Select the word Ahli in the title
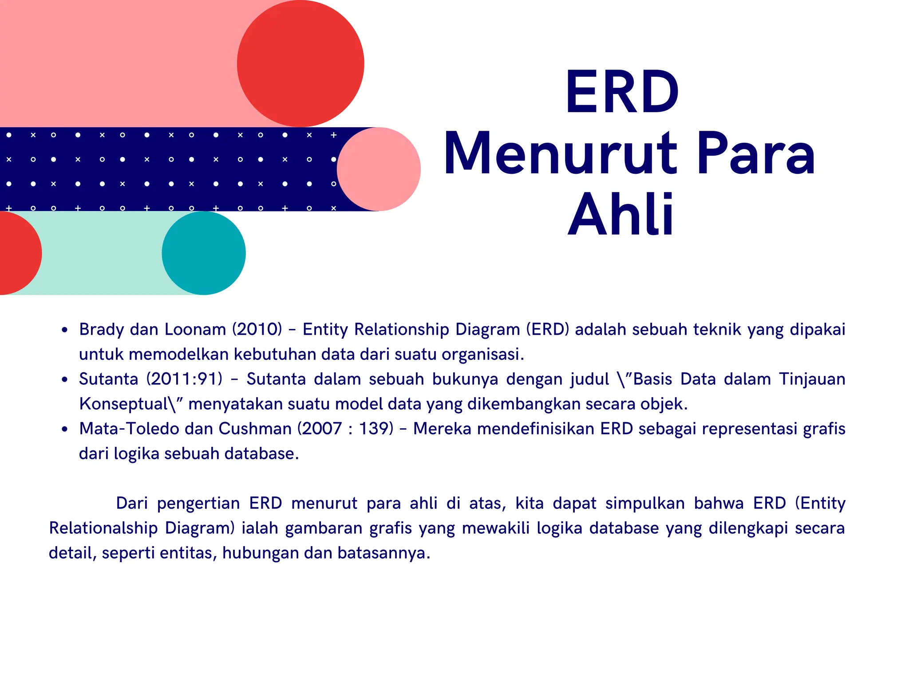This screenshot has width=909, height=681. [x=621, y=215]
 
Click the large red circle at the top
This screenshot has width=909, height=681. [x=300, y=64]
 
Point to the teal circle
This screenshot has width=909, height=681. [x=204, y=253]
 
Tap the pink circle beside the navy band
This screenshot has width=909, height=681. [x=379, y=169]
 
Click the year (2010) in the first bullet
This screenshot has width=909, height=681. [x=257, y=329]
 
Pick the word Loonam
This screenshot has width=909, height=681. [x=195, y=329]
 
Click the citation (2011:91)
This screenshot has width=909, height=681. [x=184, y=379]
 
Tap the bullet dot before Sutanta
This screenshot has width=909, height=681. [x=65, y=380]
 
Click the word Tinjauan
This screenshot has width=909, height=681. [x=812, y=379]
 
